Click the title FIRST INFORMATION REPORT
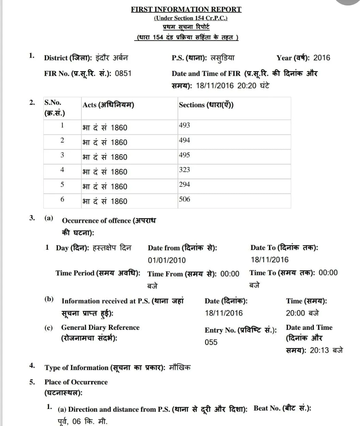tap(186, 9)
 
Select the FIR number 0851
tap(123, 73)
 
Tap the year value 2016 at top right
tap(321, 58)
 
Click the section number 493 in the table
tap(184, 125)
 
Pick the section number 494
tap(184, 140)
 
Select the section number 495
tap(184, 155)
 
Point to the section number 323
tap(184, 170)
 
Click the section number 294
tap(184, 185)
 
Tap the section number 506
tap(184, 199)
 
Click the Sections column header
tap(206, 105)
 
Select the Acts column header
tap(108, 105)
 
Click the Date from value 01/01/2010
tap(167, 260)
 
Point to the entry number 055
tap(211, 342)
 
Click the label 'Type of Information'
tap(76, 368)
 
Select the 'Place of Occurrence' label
tap(76, 382)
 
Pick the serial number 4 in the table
tap(62, 170)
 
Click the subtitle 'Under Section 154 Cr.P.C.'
tap(190, 18)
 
